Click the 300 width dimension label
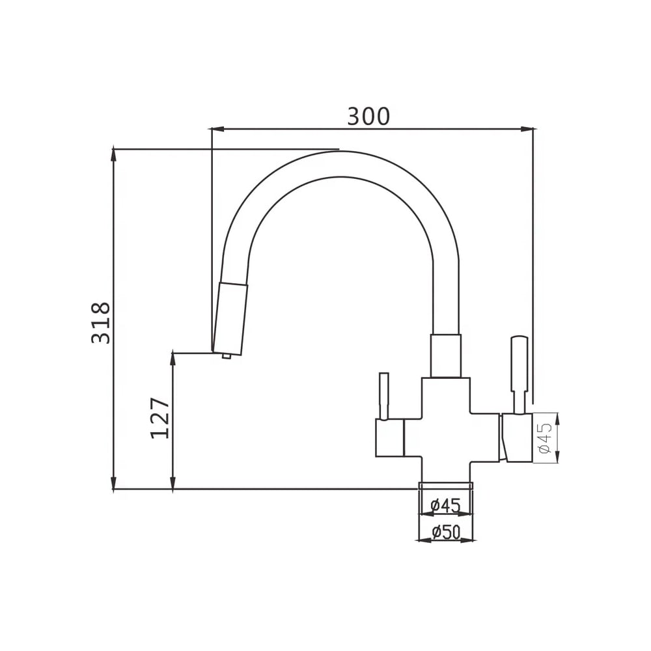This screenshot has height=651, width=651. (x=368, y=117)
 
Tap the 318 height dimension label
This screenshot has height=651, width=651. (x=102, y=323)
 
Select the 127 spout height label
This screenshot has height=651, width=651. (x=160, y=418)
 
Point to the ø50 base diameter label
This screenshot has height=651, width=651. (x=446, y=533)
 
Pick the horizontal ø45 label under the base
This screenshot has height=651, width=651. (x=446, y=506)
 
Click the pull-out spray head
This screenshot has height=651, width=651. (x=230, y=318)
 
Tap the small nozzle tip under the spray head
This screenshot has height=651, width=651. (x=227, y=356)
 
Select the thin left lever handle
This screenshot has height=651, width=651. (x=384, y=396)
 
